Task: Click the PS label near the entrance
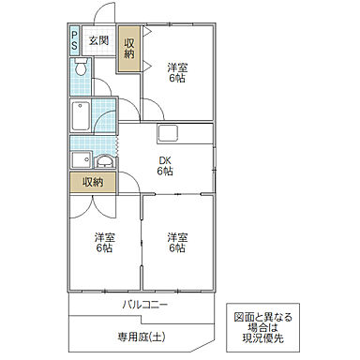(74, 40)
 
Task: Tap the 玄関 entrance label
(98, 40)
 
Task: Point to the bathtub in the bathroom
(81, 115)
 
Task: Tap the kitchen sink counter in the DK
(171, 132)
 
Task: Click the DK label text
(164, 159)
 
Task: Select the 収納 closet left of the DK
(93, 182)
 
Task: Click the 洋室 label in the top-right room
(176, 67)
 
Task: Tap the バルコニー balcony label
(144, 305)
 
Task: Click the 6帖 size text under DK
(164, 172)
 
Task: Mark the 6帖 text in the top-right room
(176, 79)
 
